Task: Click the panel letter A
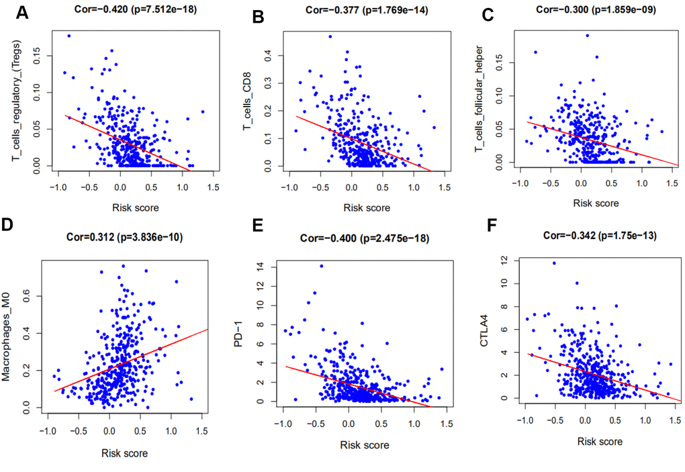pos(23,13)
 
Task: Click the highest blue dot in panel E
pos(322,266)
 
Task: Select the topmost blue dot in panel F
pos(554,263)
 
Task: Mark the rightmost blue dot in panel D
pos(191,399)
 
